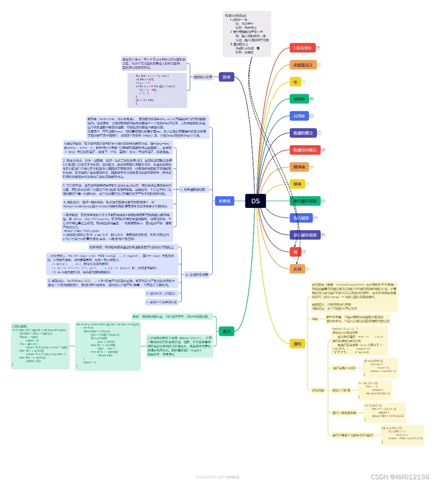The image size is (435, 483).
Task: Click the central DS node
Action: pos(255,201)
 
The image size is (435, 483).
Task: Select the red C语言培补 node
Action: pos(303,48)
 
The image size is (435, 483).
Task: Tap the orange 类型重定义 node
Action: pos(303,65)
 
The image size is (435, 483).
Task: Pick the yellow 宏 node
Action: pos(295,82)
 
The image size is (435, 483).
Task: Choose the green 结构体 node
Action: pos(299,99)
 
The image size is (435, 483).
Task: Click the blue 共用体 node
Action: pos(299,116)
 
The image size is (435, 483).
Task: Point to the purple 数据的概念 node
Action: pos(303,133)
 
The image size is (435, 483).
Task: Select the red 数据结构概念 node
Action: pos(305,150)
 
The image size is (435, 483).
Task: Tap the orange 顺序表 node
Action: pos(299,167)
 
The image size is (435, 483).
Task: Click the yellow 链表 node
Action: pos(297,184)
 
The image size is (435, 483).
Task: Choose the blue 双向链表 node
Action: pos(301,218)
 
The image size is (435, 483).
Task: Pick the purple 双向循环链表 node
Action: pos(305,235)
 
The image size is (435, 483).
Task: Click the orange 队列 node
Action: pos(297,269)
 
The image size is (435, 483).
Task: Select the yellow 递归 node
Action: pos(297,344)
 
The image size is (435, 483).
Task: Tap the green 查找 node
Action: pos(226,331)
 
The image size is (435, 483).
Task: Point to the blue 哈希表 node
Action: pos(224,201)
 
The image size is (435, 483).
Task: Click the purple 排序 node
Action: pos(226,77)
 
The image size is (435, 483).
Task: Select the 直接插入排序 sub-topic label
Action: pos(203,77)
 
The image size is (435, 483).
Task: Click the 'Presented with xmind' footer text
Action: pos(217,477)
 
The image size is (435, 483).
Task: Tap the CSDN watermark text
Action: pos(400,477)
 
